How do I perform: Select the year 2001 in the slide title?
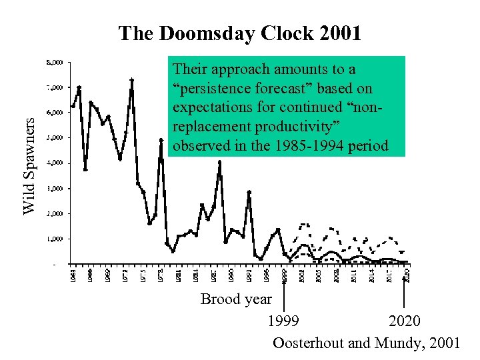[340, 33]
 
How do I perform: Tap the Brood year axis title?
[236, 299]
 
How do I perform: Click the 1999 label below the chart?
[283, 321]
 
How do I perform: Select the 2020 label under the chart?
[405, 321]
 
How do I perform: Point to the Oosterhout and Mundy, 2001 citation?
[366, 343]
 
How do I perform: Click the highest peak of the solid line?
[132, 79]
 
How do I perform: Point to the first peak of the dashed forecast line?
[304, 225]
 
